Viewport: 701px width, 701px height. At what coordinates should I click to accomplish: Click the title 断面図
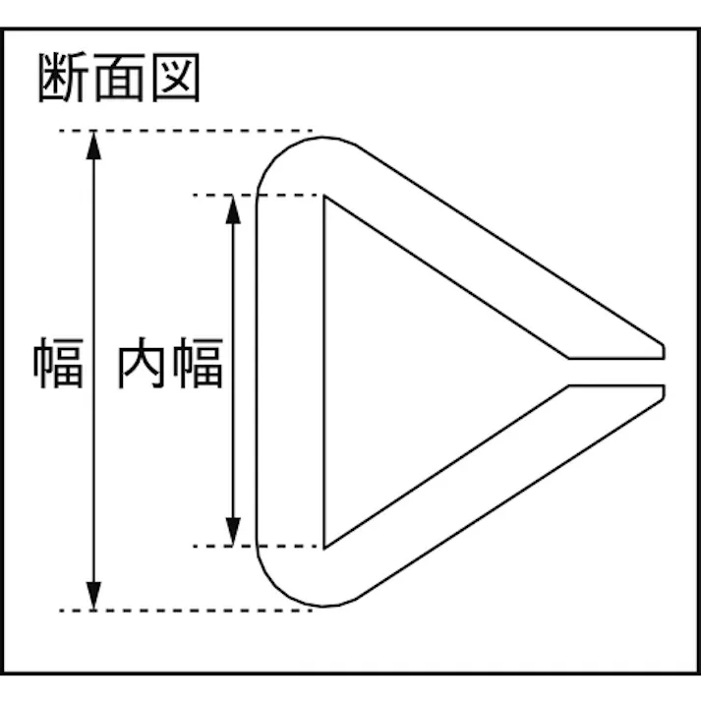[119, 78]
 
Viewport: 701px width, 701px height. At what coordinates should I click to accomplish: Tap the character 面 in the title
[119, 78]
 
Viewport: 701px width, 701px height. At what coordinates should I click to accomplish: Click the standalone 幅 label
[60, 364]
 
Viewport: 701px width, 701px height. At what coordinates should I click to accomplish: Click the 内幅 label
[172, 364]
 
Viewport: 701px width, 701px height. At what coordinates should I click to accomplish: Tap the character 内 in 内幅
[144, 364]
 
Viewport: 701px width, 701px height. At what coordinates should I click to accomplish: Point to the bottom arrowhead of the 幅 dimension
[93, 596]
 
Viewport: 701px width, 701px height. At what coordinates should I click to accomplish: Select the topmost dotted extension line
[187, 131]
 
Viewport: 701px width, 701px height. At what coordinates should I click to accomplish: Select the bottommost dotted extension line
[187, 611]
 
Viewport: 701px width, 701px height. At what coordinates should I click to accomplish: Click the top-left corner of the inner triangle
[326, 198]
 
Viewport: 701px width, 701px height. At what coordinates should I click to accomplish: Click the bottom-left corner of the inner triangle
[326, 544]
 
